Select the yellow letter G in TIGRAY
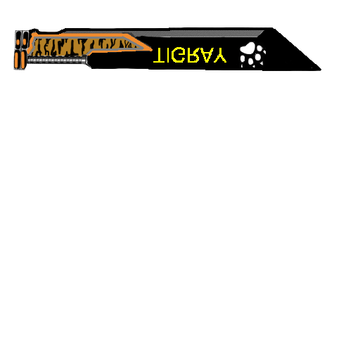tap(179, 56)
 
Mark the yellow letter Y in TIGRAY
tap(219, 56)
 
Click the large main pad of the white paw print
tap(247, 48)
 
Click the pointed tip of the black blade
tap(321, 70)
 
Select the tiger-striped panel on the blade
tap(84, 47)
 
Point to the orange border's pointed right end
tap(152, 49)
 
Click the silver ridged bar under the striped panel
tap(57, 60)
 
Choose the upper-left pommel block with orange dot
tap(18, 40)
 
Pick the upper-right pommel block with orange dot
tap(25, 40)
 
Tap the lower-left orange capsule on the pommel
tap(17, 60)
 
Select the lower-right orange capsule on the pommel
tap(23, 60)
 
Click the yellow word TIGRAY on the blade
tap(190, 56)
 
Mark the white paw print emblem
tap(252, 55)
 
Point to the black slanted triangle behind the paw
tap(293, 51)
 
